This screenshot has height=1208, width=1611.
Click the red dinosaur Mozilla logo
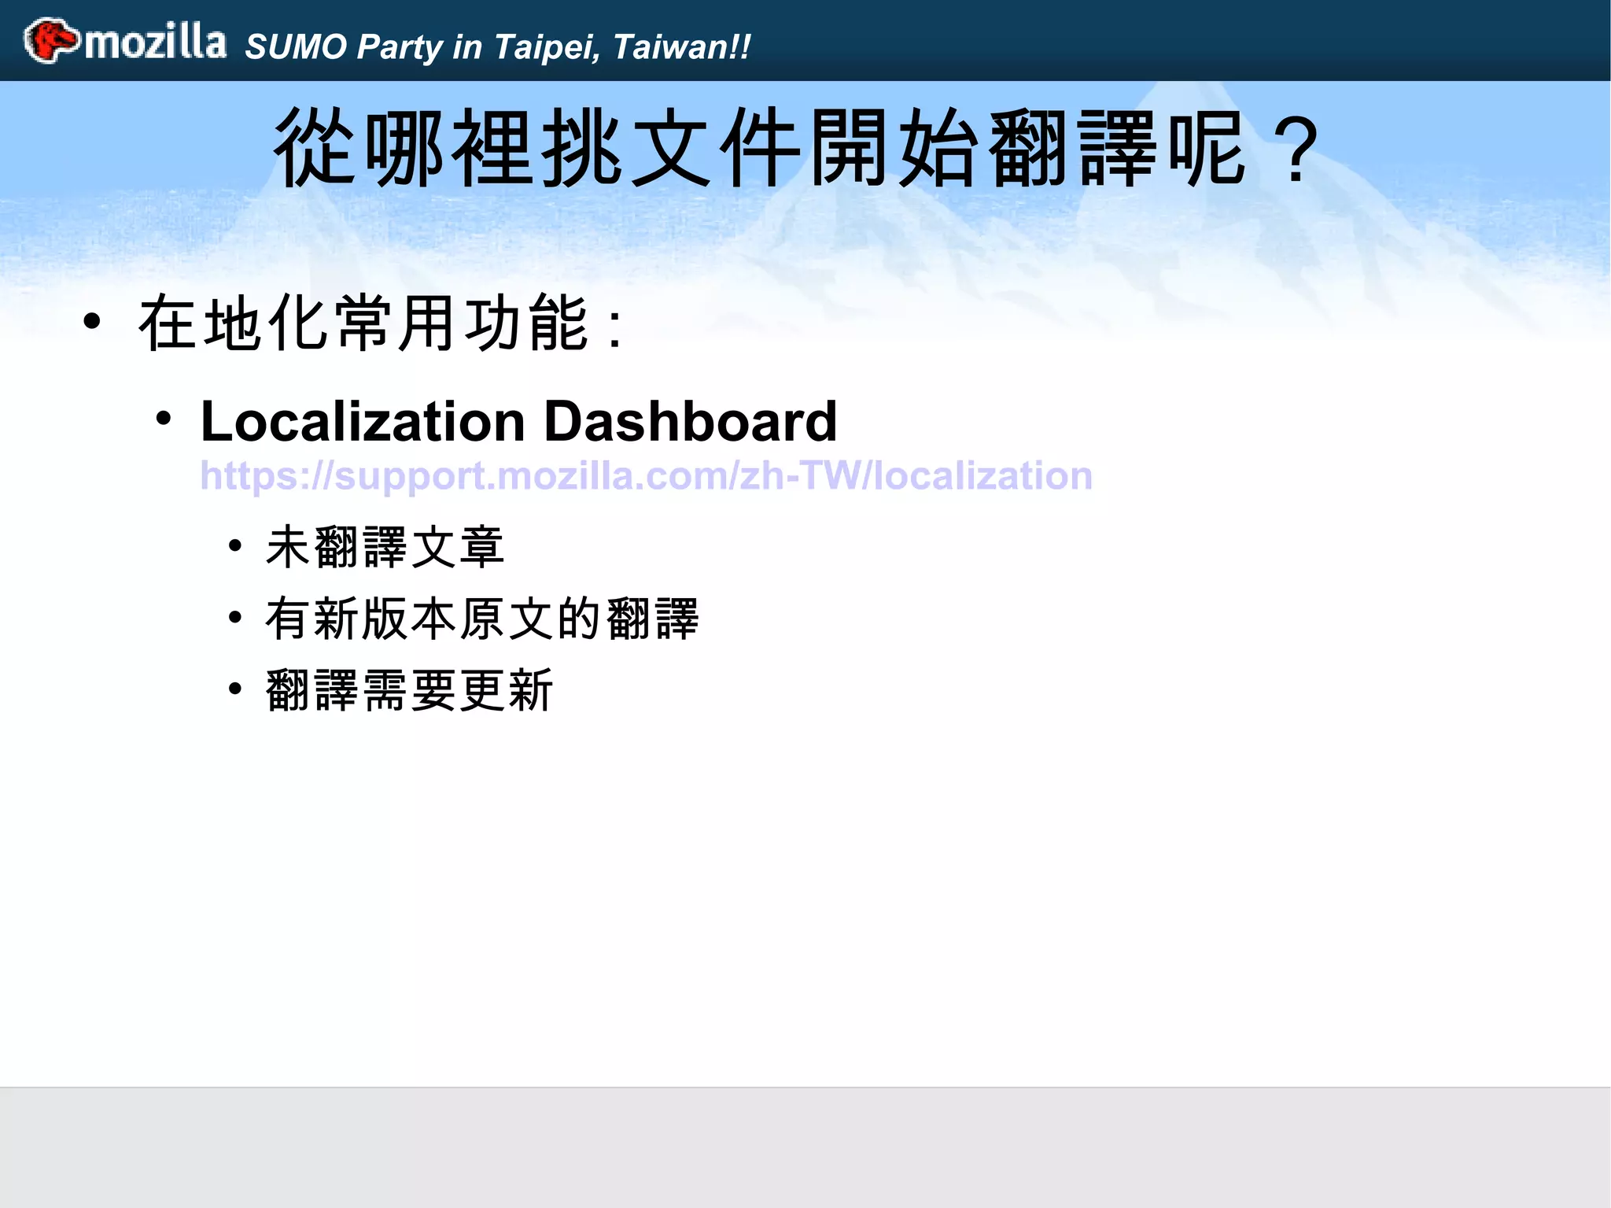[51, 40]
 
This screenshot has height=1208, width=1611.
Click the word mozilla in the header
[156, 42]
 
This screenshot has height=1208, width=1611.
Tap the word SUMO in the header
[297, 47]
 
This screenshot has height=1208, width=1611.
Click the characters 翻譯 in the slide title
[1076, 148]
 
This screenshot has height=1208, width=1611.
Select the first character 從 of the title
[315, 148]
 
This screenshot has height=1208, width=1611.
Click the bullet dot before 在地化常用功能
[93, 322]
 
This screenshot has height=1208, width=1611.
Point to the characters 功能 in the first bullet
[527, 323]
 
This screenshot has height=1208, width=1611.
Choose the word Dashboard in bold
[691, 421]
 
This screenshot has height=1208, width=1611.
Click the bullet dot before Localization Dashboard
[164, 419]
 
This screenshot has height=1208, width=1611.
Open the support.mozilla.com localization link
[646, 476]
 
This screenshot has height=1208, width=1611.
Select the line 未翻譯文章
[385, 547]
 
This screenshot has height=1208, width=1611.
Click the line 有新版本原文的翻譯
[482, 619]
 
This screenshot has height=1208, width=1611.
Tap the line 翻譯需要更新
[410, 690]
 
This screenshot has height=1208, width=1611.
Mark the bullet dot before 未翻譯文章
[235, 545]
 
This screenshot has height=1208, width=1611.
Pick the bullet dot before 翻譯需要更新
[235, 689]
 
